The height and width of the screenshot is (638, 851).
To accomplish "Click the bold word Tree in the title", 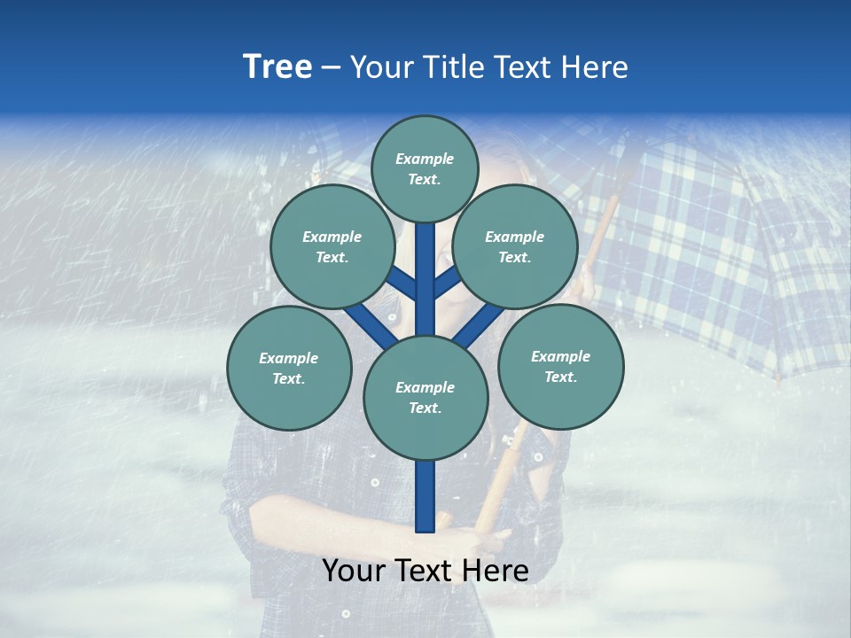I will pyautogui.click(x=277, y=67).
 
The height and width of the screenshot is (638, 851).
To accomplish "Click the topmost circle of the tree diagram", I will pyautogui.click(x=425, y=168).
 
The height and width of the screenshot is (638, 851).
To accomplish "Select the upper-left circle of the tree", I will pyautogui.click(x=332, y=246).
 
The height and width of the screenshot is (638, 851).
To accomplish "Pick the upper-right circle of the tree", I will pyautogui.click(x=515, y=246).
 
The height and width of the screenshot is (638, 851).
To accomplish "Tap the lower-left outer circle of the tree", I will pyautogui.click(x=289, y=368).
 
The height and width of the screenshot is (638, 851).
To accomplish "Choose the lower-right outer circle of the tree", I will pyautogui.click(x=560, y=366).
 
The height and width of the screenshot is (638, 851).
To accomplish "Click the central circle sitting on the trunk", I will pyautogui.click(x=425, y=398).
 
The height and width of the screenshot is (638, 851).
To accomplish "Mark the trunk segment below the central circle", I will pyautogui.click(x=425, y=496).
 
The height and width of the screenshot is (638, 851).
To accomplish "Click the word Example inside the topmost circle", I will pyautogui.click(x=425, y=159).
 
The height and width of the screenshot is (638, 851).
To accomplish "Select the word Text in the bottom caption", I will pyautogui.click(x=425, y=571).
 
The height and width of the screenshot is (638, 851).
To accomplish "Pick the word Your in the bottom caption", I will pyautogui.click(x=355, y=571).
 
